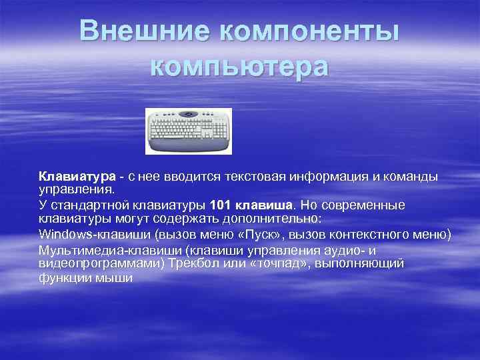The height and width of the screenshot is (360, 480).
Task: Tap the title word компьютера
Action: (239, 67)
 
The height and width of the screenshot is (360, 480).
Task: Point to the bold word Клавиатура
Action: (77, 177)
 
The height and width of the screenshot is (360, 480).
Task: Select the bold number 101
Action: (221, 205)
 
